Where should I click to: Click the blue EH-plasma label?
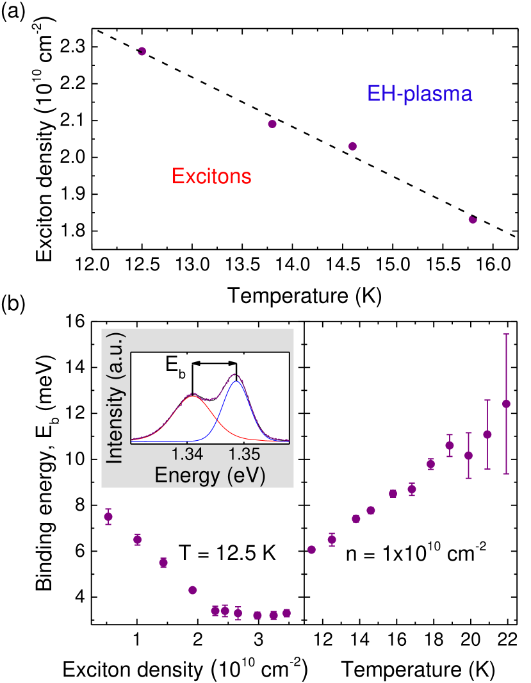pos(420,95)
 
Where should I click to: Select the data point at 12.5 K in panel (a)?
pos(142,51)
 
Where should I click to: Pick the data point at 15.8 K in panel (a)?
pos(473,219)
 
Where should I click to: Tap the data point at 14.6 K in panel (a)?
pos(352,146)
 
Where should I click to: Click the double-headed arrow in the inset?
pos(215,363)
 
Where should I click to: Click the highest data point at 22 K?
pos(506,404)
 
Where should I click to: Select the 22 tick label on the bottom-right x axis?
pos(506,641)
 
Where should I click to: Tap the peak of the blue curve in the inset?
pos(236,381)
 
